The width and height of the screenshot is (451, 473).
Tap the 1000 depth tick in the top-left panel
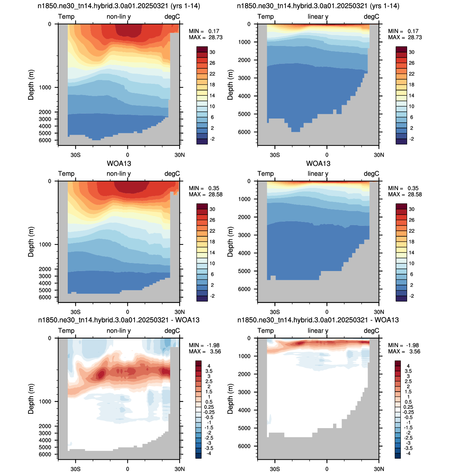[x=45, y=87]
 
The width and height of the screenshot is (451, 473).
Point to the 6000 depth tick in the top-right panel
[x=244, y=132]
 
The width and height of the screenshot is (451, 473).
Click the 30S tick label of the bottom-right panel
[x=275, y=469]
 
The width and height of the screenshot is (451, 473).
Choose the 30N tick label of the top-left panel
[x=179, y=155]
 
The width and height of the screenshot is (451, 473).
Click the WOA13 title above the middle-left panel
[x=119, y=163]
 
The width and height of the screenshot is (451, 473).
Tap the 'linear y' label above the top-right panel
[x=318, y=16]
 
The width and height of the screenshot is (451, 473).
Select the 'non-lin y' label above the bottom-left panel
[x=119, y=331]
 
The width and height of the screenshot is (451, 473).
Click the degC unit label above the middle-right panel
[x=371, y=174]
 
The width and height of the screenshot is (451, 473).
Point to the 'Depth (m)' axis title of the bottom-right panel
[x=230, y=399]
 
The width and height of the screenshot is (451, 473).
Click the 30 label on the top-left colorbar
[x=212, y=52]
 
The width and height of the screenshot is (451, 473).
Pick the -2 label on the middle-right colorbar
[x=411, y=296]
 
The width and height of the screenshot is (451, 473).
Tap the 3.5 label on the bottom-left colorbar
[x=209, y=371]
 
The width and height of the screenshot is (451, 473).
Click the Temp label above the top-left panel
[x=66, y=16]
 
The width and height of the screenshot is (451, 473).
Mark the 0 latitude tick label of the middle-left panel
[x=127, y=312]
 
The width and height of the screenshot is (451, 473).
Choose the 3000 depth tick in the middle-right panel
[x=244, y=235]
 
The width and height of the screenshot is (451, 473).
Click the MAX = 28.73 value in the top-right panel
[x=405, y=37]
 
